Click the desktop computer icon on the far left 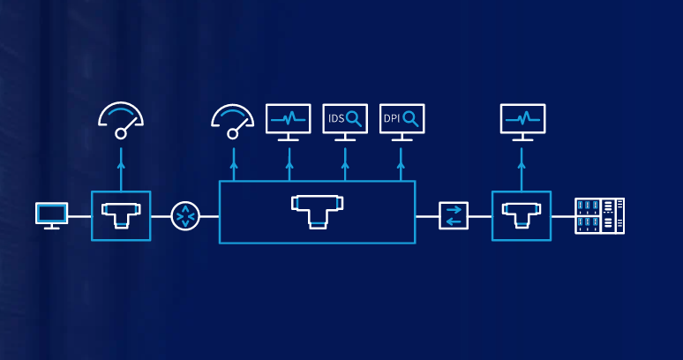(51, 214)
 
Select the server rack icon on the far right (600, 215)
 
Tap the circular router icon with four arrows (186, 215)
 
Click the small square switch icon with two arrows (454, 215)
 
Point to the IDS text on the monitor (336, 117)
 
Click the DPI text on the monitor (392, 117)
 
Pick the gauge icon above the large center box (234, 121)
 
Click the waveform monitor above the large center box (289, 121)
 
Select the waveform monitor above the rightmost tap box (522, 121)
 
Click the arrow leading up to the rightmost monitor (522, 168)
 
